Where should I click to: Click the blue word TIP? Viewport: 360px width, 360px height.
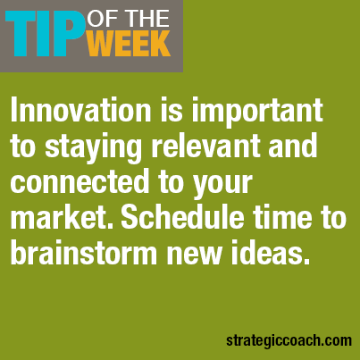point(45,34)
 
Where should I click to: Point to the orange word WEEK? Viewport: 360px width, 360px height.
point(129,44)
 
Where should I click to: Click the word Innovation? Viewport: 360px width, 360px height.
point(80,110)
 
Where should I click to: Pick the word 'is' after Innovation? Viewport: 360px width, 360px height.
point(172,110)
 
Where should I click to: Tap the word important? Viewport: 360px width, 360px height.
point(257,113)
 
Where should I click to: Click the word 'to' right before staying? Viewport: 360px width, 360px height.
point(23,147)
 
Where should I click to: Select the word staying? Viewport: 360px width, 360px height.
point(93,150)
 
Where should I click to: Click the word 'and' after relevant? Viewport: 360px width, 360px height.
point(292,146)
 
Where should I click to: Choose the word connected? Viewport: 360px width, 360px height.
point(80,181)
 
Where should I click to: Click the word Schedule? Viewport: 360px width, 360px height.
point(182,217)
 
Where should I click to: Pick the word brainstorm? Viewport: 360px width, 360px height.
point(84,253)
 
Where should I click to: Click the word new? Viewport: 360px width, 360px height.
point(194,255)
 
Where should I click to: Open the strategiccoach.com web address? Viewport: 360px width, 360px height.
point(289,340)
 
